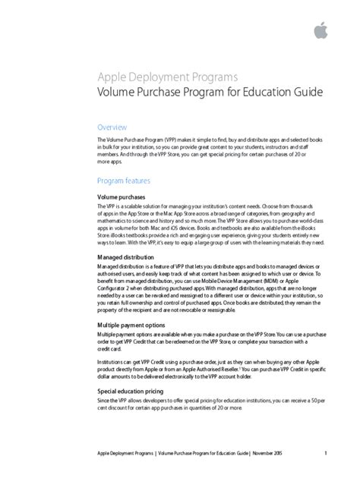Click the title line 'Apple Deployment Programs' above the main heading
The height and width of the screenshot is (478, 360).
pyautogui.click(x=168, y=77)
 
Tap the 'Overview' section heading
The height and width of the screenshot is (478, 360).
pyautogui.click(x=112, y=127)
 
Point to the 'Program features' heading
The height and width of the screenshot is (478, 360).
pyautogui.click(x=124, y=181)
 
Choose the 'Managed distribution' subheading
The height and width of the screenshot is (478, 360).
pyautogui.click(x=128, y=257)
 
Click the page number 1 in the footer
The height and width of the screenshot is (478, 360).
pyautogui.click(x=325, y=454)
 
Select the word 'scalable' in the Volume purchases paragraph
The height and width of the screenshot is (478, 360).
pyautogui.click(x=135, y=206)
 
